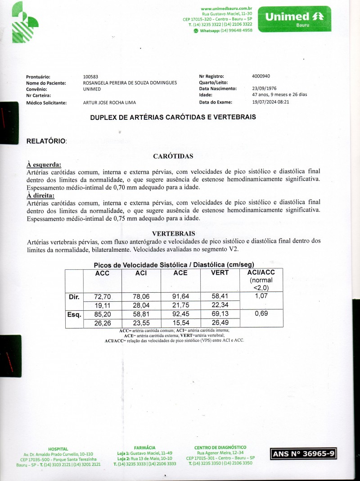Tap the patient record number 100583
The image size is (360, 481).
point(91,77)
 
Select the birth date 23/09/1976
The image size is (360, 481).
point(264,89)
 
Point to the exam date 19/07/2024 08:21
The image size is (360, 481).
point(270,102)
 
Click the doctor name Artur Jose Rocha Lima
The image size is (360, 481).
point(109,103)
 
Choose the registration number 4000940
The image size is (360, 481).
point(261,76)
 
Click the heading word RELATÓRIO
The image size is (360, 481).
point(46,141)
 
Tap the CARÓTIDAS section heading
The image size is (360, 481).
point(173,156)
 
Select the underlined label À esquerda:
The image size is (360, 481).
point(44,165)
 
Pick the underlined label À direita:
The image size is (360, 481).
point(41,195)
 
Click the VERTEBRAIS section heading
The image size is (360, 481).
point(173,234)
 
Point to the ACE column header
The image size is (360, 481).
point(180,273)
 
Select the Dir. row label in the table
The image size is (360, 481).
point(74,297)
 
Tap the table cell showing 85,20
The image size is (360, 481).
point(103,314)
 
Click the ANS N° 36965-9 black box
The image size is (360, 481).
point(303,454)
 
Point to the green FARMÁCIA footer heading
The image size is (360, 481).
point(145,447)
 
